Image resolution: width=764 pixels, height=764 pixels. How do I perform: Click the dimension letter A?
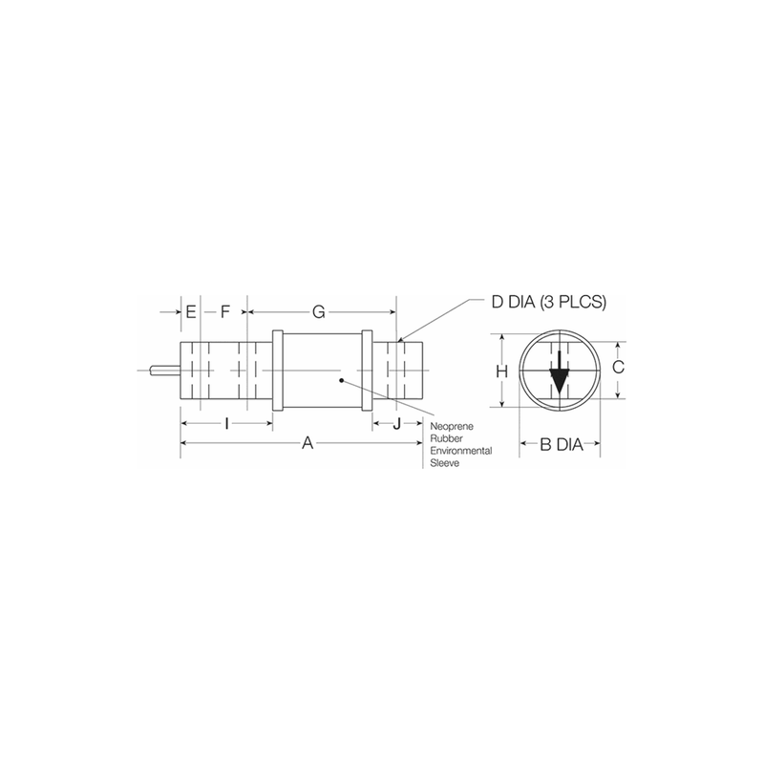307,442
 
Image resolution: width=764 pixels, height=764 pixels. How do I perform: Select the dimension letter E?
191,311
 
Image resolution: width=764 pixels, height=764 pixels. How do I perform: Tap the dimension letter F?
224,311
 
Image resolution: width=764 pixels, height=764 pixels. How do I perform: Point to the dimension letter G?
320,311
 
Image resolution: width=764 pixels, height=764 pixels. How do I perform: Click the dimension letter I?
225,423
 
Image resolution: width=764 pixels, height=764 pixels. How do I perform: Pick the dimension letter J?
396,423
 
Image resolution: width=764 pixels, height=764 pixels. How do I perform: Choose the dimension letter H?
499,371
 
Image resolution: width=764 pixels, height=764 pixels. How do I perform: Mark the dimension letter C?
618,367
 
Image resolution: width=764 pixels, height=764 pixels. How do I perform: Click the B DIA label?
560,443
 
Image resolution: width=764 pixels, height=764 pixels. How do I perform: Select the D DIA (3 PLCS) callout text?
549,302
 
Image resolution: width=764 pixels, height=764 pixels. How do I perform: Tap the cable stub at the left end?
163,371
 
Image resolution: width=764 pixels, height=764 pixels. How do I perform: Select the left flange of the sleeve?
278,371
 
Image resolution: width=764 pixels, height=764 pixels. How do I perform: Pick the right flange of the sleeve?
365,371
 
